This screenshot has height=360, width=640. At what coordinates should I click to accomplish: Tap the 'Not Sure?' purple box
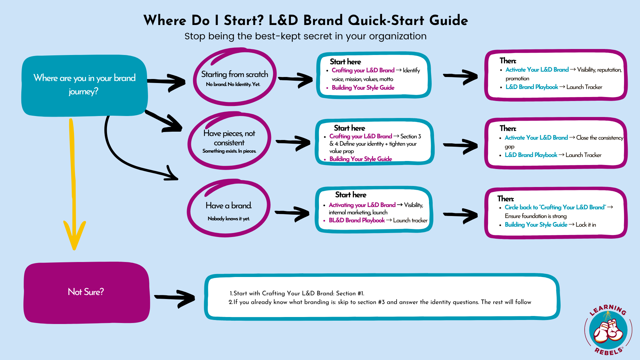click(87, 292)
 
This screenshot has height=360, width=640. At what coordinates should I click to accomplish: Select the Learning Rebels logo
click(608, 330)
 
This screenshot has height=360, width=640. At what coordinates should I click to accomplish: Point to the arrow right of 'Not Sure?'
click(175, 298)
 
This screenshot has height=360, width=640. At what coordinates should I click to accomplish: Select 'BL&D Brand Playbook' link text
click(357, 220)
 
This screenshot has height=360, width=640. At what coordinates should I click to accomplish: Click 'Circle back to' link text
click(521, 207)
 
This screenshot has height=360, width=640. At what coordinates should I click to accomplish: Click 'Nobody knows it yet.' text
click(229, 219)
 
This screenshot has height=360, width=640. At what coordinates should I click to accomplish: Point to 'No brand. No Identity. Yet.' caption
click(233, 84)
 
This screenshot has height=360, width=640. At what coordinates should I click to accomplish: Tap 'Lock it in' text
click(586, 225)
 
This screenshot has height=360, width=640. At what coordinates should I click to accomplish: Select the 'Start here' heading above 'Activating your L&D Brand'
click(351, 195)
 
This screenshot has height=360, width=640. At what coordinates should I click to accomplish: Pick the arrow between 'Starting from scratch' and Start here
click(296, 79)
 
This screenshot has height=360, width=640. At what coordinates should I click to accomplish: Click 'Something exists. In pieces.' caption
click(229, 151)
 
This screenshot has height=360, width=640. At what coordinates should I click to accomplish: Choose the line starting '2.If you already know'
click(380, 302)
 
